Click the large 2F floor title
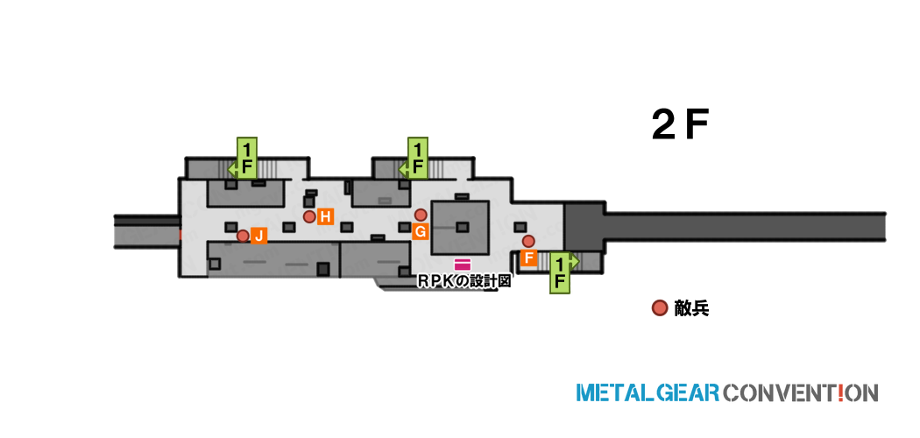point(681,125)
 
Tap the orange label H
point(326,217)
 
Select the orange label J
point(258,236)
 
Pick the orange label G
point(420,231)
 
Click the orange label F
point(528,258)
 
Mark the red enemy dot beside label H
point(310,217)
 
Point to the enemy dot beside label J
point(243,236)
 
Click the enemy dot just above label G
point(420,215)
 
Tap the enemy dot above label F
point(528,241)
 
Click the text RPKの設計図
point(464,281)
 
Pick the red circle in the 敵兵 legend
point(660,307)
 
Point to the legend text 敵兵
point(692,308)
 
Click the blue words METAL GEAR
point(648,392)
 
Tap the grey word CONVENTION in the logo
point(801,392)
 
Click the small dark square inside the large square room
point(463,227)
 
